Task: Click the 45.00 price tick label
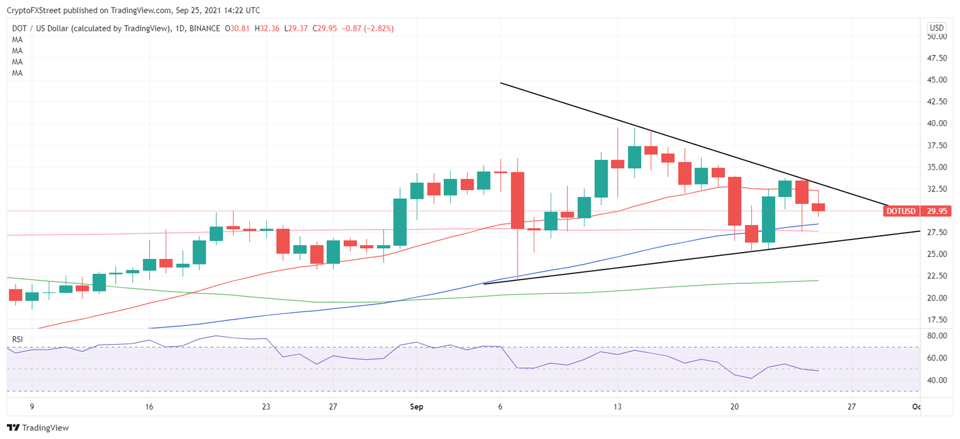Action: (936, 80)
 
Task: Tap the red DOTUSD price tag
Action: (901, 211)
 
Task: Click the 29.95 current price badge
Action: (936, 211)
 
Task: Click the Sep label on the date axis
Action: (417, 407)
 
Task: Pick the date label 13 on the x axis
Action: (617, 407)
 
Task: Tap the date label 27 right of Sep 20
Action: (851, 407)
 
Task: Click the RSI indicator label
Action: (18, 340)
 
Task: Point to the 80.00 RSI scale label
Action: (936, 336)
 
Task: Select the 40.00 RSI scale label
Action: (936, 380)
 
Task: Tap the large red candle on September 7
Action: (517, 200)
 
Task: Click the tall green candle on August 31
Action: (400, 222)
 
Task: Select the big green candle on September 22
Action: (768, 219)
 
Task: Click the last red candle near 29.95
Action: (818, 207)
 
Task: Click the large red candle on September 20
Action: (734, 201)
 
